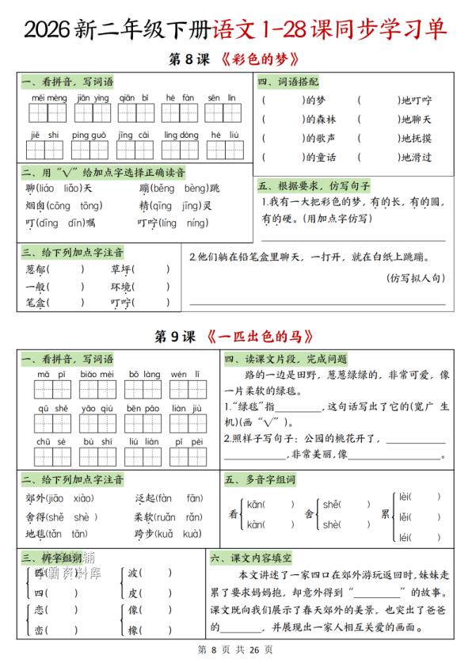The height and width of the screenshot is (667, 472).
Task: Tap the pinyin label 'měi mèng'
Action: pos(49,97)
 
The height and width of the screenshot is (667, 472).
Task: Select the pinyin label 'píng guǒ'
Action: pos(89,135)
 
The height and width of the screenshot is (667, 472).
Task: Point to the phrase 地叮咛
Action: pos(415,101)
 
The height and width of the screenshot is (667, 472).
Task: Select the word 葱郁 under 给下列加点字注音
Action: pos(36,269)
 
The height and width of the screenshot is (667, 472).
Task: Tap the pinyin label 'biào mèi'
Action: pos(93,373)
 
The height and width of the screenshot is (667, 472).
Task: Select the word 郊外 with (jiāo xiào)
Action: pos(36,498)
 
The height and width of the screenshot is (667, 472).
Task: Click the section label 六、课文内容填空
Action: pos(252,558)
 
